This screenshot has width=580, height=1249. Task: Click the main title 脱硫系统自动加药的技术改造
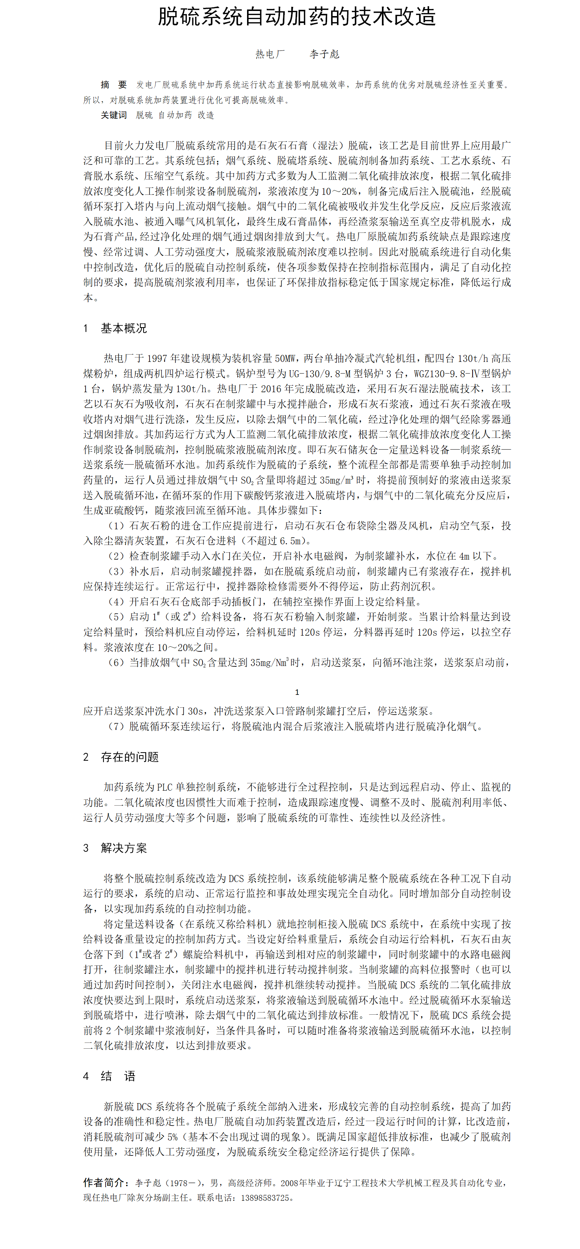pos(297,17)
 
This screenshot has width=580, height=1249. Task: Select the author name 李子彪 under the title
pos(325,54)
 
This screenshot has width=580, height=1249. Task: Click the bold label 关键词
pos(113,115)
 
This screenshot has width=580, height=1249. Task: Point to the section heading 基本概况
pos(124,328)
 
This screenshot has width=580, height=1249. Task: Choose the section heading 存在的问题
pos(129,757)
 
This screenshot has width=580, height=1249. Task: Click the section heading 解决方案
pos(124,848)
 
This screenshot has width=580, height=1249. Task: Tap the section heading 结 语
pos(118,1076)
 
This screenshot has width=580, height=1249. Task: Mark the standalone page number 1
pos(297,692)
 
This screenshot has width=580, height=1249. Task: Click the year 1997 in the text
pos(157,358)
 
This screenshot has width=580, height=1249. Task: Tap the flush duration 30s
pos(196,711)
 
